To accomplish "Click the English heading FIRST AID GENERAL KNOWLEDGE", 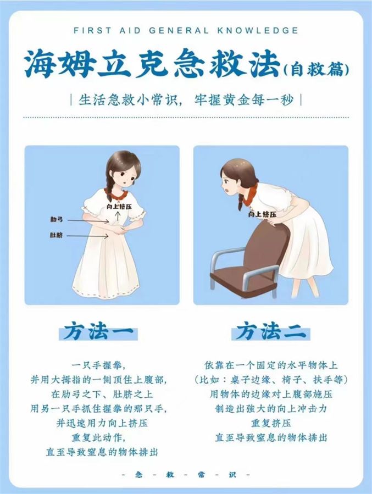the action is click(x=186, y=31).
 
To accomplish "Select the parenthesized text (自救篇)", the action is click(x=317, y=69).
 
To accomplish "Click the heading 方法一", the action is click(x=98, y=332).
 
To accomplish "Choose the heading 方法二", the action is click(x=271, y=332).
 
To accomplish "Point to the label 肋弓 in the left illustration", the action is click(x=57, y=219).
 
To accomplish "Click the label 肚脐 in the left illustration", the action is click(x=57, y=235).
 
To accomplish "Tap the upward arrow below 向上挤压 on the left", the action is click(x=118, y=216).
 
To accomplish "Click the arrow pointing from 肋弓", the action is click(x=88, y=221).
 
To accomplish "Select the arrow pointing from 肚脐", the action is click(x=88, y=236).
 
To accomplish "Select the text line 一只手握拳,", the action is click(x=98, y=365).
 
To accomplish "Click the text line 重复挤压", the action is click(x=271, y=423).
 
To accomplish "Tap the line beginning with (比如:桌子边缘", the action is click(x=271, y=380).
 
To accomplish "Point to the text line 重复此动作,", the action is click(x=98, y=437).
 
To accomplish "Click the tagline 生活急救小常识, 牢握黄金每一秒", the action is click(x=186, y=100).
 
